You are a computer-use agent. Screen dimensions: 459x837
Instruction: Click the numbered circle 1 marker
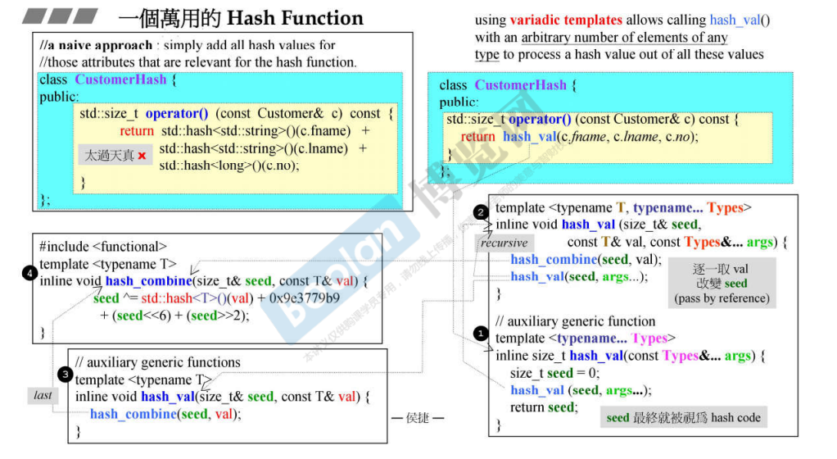pos(481,334)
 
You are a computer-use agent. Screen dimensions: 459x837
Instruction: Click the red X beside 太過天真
pos(142,156)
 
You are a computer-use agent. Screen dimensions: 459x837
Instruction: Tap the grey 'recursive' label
pos(504,243)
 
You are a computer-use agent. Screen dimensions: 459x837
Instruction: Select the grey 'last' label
pos(43,395)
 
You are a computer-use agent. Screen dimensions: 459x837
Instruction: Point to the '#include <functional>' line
pos(103,246)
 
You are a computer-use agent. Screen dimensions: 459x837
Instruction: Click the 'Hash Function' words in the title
pos(295,18)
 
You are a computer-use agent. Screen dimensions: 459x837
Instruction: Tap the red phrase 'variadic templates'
pos(566,20)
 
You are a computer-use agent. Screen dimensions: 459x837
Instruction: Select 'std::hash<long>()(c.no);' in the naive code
pos(229,165)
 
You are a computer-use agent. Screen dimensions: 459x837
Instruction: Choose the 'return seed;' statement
pos(542,407)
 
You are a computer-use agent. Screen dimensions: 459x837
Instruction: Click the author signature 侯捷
pos(417,418)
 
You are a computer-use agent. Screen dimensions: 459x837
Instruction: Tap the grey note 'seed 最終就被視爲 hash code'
pos(683,417)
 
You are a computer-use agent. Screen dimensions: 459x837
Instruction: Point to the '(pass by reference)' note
pos(722,298)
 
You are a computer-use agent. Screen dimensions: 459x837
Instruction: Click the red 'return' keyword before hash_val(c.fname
pos(477,137)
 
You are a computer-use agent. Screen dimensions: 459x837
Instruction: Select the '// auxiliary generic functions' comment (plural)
pos(158,362)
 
